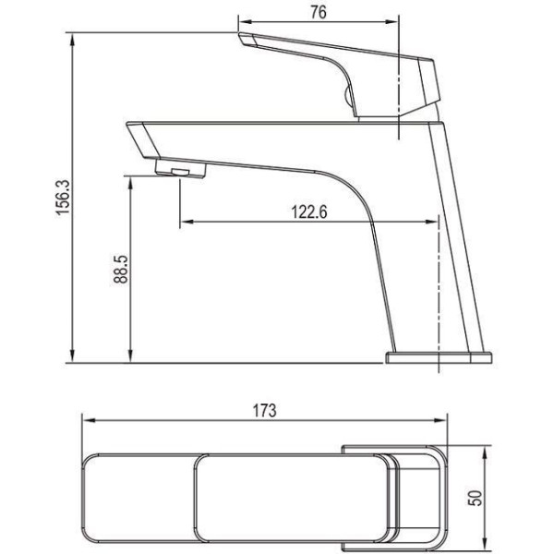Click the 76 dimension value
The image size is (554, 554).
coord(319,12)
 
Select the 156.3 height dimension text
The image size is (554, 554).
coord(63,198)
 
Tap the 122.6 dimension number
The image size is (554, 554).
coord(309,211)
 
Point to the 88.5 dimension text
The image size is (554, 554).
coord(120,269)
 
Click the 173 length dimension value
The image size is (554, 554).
coord(264,411)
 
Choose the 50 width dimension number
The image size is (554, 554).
coord(476,499)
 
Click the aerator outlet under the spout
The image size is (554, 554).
coord(181,168)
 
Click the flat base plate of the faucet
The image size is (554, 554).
coord(438,357)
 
